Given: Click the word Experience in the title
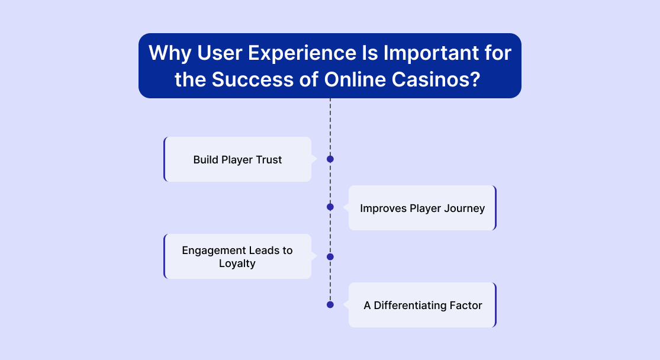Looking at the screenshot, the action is (302, 54).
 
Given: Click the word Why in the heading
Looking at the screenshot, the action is (170, 54).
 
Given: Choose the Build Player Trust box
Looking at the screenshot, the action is (237, 159).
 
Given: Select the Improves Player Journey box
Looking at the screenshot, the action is (423, 208).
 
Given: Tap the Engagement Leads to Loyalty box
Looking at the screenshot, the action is (237, 256).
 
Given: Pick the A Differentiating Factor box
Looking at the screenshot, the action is (423, 305).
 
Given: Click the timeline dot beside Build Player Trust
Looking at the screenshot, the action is (330, 159).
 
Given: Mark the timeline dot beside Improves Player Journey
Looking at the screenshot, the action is (330, 207).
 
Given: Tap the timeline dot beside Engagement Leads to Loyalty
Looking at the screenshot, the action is (330, 257).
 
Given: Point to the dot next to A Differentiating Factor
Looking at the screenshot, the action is (330, 305).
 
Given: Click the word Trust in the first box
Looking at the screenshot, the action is (269, 160).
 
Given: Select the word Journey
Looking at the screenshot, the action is (465, 209).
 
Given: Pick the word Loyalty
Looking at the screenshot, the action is (237, 263).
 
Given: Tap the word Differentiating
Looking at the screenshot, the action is (410, 306).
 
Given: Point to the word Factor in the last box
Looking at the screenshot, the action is (466, 306).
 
